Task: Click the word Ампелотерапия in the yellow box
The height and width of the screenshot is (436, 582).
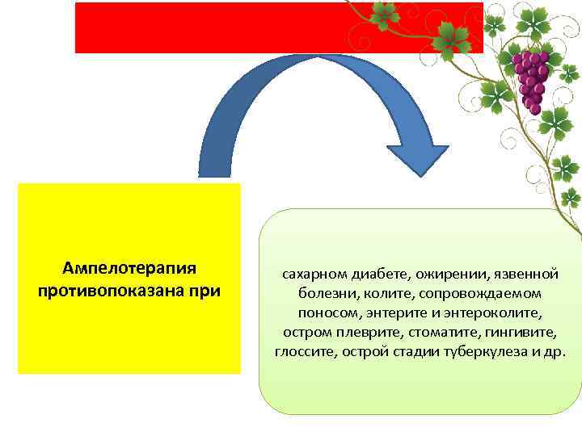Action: click(x=129, y=267)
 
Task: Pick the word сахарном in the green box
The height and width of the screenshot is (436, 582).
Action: click(x=310, y=275)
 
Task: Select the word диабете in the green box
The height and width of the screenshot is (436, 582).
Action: click(x=373, y=275)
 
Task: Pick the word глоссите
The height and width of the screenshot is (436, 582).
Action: click(x=304, y=352)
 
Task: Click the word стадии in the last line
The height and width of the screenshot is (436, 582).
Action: click(x=408, y=352)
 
